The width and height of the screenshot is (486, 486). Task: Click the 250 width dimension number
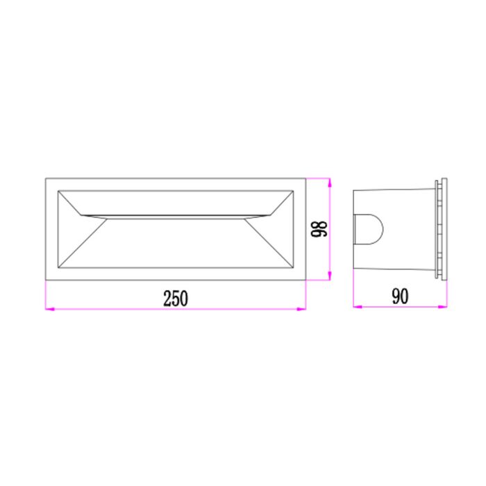click(x=176, y=299)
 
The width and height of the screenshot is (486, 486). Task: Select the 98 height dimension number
click(x=319, y=229)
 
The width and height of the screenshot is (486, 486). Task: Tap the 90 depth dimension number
click(x=400, y=296)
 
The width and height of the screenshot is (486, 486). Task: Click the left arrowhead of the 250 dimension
click(x=50, y=309)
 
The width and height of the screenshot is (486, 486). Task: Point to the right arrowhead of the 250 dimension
click(x=301, y=309)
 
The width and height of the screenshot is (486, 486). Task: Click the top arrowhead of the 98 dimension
click(x=330, y=183)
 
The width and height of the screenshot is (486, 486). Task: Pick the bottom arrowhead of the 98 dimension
click(x=330, y=276)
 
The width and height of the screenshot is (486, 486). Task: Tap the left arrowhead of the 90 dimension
click(x=358, y=307)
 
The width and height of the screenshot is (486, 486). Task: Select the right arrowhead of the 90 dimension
click(x=443, y=307)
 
